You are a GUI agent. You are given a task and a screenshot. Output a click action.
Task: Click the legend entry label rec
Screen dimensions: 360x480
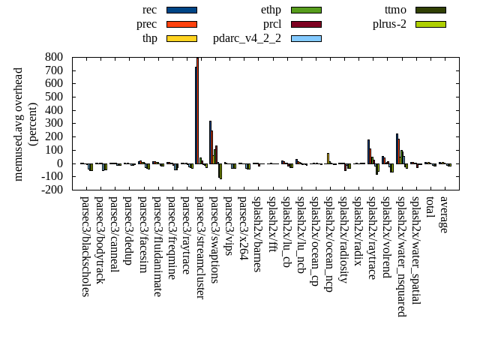click(149, 10)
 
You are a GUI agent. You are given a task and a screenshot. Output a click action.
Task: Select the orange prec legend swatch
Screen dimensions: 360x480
click(181, 24)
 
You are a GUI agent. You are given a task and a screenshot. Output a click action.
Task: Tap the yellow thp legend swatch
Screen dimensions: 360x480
click(181, 38)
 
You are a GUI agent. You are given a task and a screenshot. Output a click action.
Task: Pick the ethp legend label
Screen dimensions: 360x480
click(271, 10)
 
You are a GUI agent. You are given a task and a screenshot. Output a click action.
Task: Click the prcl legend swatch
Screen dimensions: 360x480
click(306, 24)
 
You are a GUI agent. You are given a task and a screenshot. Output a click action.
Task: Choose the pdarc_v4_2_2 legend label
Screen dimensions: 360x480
click(247, 38)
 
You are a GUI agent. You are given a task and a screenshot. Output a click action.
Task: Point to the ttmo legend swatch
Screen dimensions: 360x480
click(430, 10)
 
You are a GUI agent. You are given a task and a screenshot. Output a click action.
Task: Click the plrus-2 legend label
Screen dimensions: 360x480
click(389, 24)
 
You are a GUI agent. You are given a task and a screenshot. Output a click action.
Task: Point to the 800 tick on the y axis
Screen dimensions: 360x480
click(53, 57)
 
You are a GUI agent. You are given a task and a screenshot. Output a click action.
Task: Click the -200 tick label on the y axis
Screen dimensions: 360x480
click(51, 190)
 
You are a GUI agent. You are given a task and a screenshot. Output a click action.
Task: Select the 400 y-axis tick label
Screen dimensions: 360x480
click(53, 110)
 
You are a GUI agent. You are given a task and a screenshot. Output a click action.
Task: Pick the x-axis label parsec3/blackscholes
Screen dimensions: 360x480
click(85, 247)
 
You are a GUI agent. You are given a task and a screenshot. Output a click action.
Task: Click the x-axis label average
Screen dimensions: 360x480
click(444, 214)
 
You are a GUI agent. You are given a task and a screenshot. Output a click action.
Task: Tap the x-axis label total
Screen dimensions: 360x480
click(430, 208)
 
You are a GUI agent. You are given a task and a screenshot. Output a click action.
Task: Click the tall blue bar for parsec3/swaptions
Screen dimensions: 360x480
click(210, 142)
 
